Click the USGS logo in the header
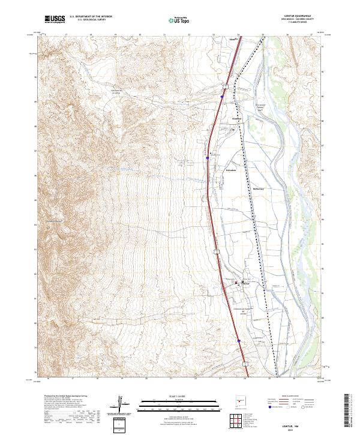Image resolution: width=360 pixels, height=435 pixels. coord(55,19)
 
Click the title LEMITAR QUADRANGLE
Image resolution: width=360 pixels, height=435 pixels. coord(298,16)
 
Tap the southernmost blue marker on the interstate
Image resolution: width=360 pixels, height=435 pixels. coord(238,341)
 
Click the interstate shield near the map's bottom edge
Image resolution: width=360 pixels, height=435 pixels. coord(245,362)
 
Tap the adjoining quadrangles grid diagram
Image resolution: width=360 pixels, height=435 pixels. coord(238,422)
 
